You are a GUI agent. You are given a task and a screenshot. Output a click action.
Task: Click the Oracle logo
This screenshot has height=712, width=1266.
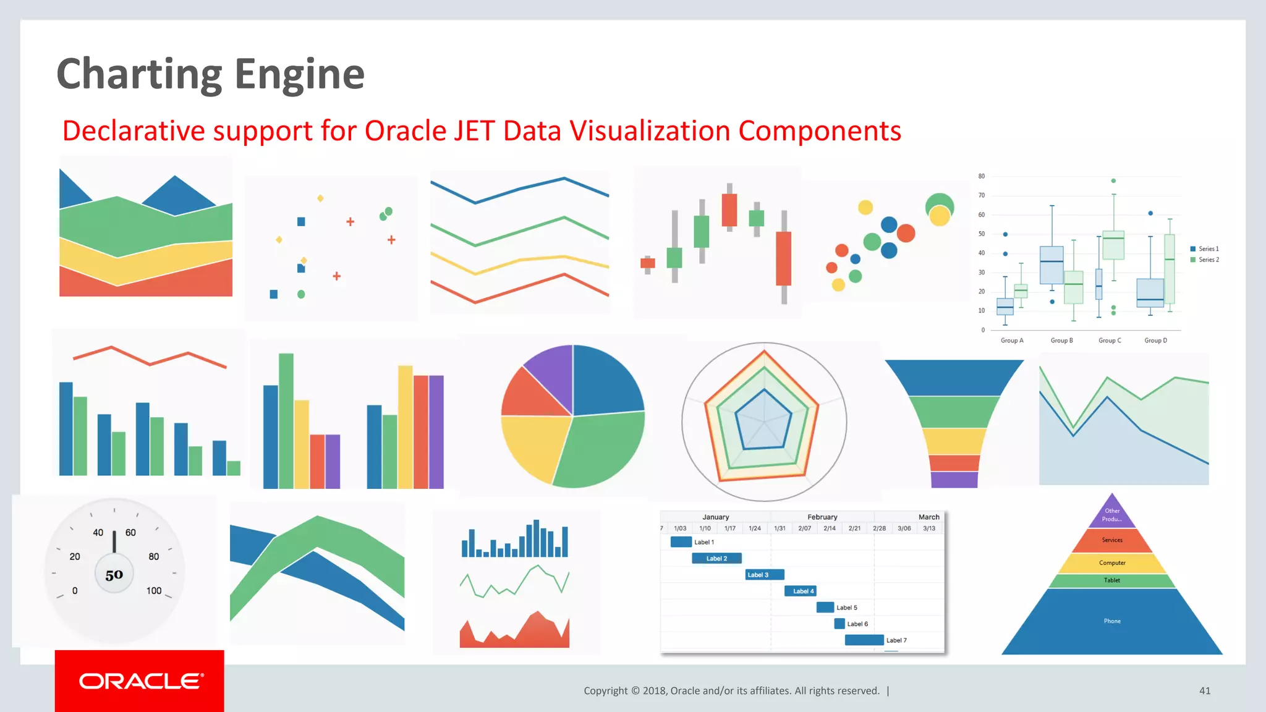tap(140, 681)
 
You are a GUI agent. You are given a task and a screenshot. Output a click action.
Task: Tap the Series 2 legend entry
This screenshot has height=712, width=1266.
tap(1208, 260)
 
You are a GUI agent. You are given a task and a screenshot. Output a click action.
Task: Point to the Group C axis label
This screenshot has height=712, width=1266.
tap(1109, 341)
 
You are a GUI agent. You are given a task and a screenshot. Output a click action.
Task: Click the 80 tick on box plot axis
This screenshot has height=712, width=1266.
tap(981, 176)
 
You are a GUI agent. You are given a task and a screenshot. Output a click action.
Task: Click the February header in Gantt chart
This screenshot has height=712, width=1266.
tap(822, 517)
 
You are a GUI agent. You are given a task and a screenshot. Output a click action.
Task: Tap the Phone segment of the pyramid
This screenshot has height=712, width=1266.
tap(1111, 621)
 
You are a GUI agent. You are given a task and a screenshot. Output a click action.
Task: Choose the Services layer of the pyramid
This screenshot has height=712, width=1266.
tap(1111, 540)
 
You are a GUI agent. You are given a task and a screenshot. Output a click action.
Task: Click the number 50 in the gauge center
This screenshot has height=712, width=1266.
tap(114, 575)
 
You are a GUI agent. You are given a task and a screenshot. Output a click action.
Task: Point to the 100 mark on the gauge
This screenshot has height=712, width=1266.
tap(153, 591)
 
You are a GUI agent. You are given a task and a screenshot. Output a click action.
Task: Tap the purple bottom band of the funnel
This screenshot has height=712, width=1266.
tap(954, 480)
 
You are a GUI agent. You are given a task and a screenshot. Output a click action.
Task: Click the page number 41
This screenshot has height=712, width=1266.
tap(1204, 691)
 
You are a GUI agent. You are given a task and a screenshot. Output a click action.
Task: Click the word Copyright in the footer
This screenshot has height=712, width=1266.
tap(605, 691)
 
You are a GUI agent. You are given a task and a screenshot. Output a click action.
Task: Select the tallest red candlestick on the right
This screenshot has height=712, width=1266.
tap(783, 258)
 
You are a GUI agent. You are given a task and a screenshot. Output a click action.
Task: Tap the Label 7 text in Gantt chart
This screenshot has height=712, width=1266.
tap(896, 640)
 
